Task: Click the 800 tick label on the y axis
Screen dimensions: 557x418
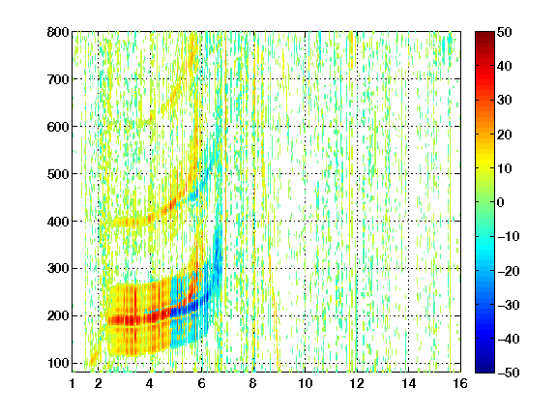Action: coord(58,32)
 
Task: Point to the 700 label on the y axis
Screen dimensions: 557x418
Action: coord(58,79)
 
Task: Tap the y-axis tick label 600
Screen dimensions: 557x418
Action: coord(58,127)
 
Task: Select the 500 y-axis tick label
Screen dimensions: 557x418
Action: coord(58,174)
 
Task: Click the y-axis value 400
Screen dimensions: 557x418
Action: coord(58,222)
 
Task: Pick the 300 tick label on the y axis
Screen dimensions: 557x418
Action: coord(58,269)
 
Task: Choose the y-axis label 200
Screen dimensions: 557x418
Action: coord(58,316)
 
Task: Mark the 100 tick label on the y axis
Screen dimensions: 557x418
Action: coord(58,363)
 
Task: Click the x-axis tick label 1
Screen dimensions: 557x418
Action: coord(73,383)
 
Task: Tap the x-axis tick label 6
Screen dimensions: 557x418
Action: coord(201,383)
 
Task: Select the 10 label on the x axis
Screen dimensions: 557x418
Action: coord(306,383)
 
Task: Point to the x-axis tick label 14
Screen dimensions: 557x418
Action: coord(409,383)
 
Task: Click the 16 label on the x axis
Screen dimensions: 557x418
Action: coord(460,383)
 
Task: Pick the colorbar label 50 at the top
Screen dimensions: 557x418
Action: coord(504,32)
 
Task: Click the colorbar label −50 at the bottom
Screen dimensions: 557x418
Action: coord(509,373)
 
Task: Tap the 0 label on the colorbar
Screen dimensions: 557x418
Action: coord(500,202)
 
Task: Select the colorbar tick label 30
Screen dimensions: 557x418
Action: coord(504,101)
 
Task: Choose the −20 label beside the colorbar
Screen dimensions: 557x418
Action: coord(509,271)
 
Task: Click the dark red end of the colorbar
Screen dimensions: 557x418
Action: coord(484,35)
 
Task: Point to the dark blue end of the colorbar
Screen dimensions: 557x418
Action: coord(484,370)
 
